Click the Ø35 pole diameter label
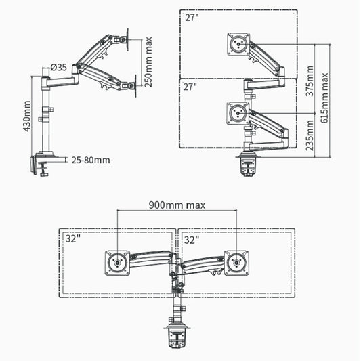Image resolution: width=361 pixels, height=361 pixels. point(58,67)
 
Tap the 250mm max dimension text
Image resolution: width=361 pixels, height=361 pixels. point(149,62)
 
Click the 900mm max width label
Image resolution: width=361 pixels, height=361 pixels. point(177,205)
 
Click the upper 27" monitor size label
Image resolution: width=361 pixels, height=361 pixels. point(192,18)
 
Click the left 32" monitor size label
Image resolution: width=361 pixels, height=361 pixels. point(72,239)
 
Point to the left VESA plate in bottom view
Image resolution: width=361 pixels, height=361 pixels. point(116,263)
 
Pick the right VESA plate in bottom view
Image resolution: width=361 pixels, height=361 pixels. point(236,263)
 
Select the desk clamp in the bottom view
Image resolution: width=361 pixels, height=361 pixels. point(177,338)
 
